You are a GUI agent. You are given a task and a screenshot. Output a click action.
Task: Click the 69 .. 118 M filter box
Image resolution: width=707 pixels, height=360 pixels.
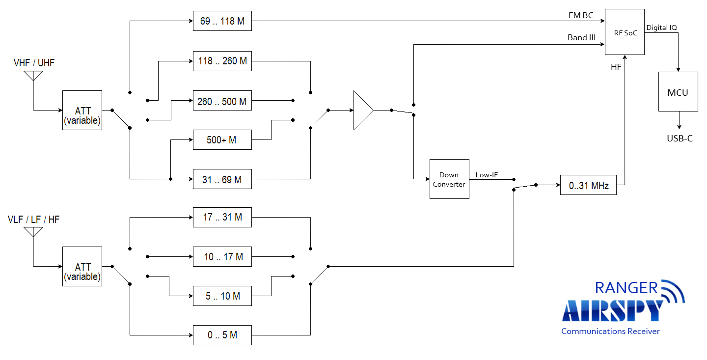click(x=222, y=21)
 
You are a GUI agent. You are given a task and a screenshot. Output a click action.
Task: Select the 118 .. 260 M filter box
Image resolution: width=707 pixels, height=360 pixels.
click(x=222, y=61)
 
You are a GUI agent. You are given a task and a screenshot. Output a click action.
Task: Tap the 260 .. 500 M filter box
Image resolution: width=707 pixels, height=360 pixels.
click(x=222, y=100)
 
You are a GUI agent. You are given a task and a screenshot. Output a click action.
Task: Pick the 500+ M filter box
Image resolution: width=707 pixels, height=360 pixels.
click(x=222, y=139)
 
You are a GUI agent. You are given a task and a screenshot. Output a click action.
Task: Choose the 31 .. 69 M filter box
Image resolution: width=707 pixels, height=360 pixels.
click(x=222, y=179)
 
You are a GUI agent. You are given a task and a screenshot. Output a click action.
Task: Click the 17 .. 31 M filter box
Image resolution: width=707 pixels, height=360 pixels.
click(x=222, y=217)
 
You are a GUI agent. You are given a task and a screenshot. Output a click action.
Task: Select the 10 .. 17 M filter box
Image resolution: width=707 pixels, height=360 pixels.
click(x=222, y=257)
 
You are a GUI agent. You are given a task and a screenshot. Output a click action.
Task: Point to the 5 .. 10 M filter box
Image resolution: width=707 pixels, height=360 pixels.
click(x=222, y=296)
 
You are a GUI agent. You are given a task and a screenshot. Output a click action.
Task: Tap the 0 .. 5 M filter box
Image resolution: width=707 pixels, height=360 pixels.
click(x=222, y=335)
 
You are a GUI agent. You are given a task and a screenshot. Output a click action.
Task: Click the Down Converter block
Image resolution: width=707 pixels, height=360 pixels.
click(x=449, y=179)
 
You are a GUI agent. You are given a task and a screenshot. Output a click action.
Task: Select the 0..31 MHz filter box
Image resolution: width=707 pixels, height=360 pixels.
click(x=588, y=185)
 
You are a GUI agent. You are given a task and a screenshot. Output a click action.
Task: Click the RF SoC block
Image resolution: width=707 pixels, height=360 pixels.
click(x=625, y=32)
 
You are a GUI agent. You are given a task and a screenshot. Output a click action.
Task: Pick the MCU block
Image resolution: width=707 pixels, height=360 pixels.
click(x=678, y=91)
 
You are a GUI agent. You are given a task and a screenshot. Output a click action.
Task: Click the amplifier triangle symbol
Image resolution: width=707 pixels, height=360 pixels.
click(x=363, y=110)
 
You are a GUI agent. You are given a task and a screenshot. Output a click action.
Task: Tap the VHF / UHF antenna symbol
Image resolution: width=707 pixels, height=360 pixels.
click(x=33, y=76)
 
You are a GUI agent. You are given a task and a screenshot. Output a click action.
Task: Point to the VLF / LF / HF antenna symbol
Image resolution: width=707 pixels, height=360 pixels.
click(x=33, y=232)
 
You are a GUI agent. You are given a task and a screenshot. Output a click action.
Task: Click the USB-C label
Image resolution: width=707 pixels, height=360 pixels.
click(x=680, y=138)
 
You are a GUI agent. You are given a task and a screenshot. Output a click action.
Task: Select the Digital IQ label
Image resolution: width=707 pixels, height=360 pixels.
click(x=661, y=28)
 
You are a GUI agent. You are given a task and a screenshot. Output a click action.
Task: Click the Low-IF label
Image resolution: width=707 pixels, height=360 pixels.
click(x=487, y=175)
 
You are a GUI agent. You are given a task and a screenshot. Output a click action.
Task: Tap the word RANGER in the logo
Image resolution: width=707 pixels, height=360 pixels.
click(x=626, y=288)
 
